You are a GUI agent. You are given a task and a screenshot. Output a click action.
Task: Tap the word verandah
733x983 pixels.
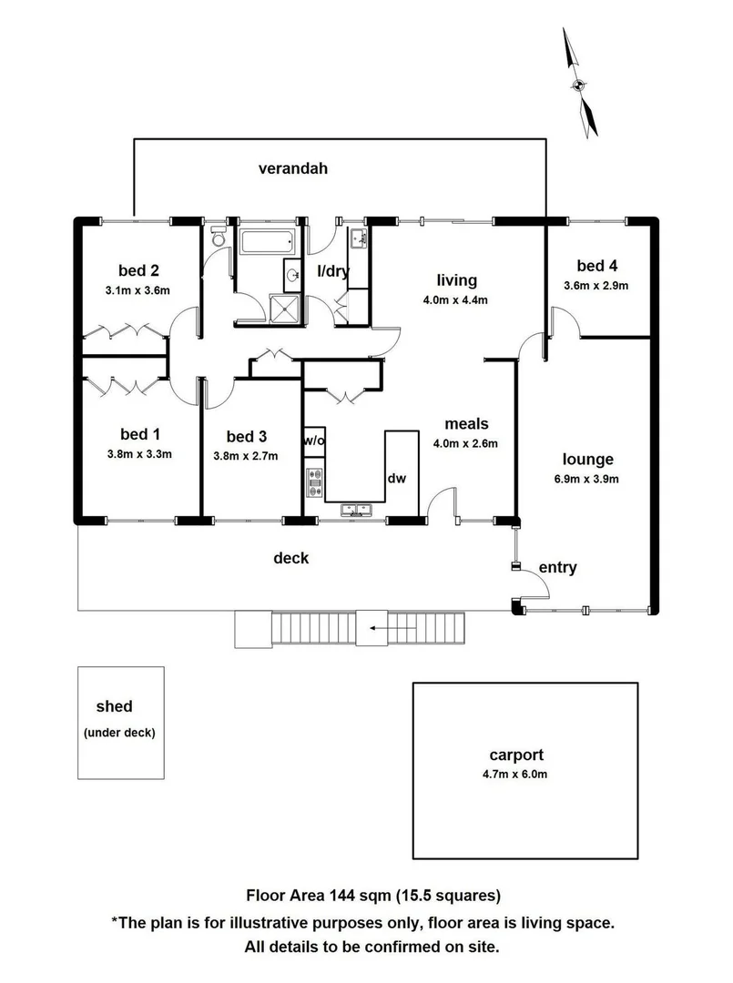click(x=292, y=168)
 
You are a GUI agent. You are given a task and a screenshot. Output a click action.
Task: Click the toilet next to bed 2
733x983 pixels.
click(x=217, y=239)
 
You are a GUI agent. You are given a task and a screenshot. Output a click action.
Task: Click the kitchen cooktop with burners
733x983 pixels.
click(x=314, y=482)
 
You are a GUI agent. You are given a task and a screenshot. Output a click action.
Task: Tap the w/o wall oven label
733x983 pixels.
click(x=314, y=441)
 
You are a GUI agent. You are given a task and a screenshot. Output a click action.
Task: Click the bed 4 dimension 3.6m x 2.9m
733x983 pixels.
click(x=596, y=285)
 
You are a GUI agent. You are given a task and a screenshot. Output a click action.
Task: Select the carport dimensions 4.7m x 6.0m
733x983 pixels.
click(x=515, y=775)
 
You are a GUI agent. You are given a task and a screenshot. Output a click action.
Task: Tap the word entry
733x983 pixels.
click(x=557, y=568)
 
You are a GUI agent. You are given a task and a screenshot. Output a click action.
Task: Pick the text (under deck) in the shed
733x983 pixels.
click(x=118, y=733)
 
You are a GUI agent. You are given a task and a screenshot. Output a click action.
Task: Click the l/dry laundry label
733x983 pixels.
click(x=332, y=271)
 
